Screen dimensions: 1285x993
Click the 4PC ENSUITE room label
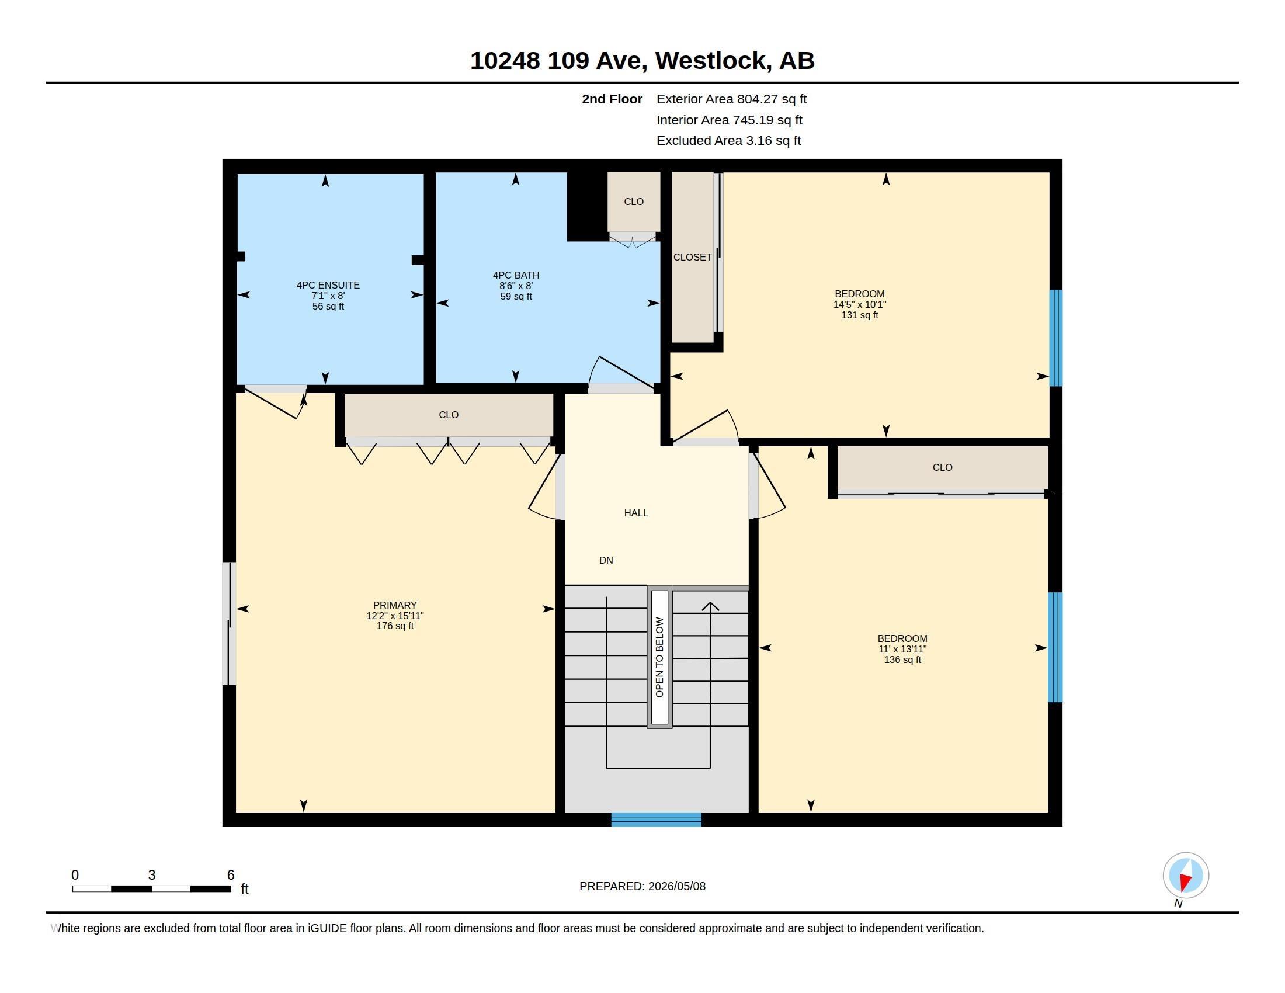(328, 285)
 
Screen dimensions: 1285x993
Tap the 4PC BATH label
(516, 275)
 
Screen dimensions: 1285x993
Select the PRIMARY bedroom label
(395, 605)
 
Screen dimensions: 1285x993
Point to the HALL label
(636, 513)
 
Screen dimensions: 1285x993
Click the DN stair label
(606, 561)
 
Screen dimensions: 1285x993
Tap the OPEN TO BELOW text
(659, 657)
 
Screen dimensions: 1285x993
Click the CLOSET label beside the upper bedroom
(693, 257)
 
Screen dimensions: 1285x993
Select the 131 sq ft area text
(860, 315)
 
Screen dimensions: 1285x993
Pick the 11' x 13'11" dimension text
(902, 650)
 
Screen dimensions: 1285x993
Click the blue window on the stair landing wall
(656, 820)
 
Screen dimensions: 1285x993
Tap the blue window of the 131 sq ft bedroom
(1056, 338)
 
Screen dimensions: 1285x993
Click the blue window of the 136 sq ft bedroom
(1055, 647)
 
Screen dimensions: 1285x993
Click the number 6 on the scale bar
(231, 875)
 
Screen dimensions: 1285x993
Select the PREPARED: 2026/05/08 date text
(642, 887)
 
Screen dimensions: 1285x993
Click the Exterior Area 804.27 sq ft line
(731, 99)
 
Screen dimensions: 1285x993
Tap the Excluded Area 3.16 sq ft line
(728, 141)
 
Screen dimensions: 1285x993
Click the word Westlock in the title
(713, 61)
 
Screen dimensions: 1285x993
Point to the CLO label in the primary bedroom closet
(449, 415)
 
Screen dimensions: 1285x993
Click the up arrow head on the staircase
(710, 607)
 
